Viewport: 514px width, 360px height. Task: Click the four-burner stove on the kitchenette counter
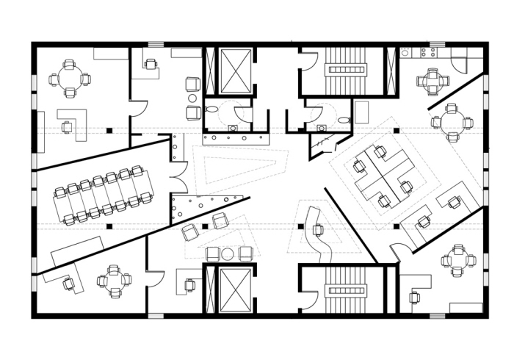coord(428,52)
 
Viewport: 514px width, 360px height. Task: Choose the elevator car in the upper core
coord(236,71)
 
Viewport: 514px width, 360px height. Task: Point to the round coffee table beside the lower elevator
coord(228,254)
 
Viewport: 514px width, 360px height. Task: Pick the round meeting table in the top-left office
coord(69,78)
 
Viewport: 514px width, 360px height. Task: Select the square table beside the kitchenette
coord(432,82)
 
